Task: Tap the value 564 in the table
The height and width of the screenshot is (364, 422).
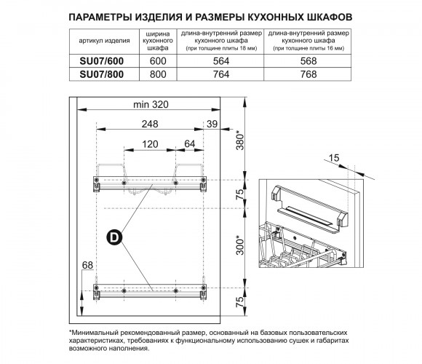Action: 221,61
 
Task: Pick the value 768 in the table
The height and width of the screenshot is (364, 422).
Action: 308,74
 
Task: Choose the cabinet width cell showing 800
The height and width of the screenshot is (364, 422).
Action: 158,74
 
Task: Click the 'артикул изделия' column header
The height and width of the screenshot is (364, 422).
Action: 104,41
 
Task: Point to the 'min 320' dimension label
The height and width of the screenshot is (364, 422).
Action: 151,104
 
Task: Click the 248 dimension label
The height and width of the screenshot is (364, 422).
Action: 150,124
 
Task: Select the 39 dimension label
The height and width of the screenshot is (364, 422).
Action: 212,124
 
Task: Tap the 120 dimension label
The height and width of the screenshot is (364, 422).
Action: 150,144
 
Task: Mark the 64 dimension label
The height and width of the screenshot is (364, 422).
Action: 189,143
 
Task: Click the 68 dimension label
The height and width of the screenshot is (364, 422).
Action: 87,266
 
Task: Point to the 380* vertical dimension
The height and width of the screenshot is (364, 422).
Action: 239,140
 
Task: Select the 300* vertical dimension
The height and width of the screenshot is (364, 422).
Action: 239,245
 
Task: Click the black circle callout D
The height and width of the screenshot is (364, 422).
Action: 114,237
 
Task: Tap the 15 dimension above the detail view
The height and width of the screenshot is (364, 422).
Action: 334,158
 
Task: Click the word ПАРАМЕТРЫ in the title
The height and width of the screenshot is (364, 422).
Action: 100,17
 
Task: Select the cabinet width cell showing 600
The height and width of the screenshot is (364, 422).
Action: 158,61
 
